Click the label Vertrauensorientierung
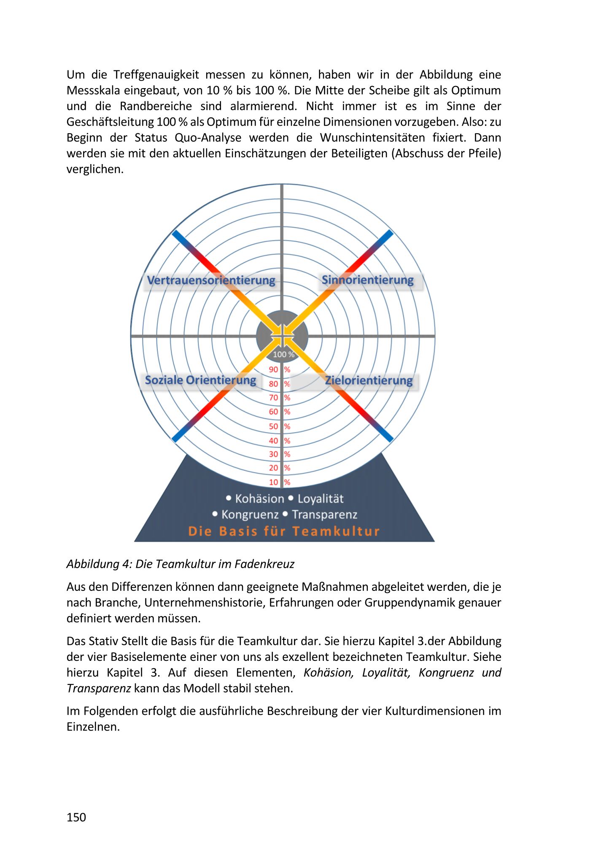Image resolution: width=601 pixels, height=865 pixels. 211,280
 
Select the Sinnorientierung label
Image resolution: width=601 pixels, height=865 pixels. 367,280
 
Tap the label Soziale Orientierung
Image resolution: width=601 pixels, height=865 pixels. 200,380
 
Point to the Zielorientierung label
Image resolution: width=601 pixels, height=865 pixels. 369,380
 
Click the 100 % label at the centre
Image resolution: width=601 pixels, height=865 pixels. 283,355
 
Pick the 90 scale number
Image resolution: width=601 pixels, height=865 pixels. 274,370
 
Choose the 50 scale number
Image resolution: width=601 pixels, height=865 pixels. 274,426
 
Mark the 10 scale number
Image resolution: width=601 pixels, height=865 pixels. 274,482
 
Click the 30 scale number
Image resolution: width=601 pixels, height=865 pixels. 274,454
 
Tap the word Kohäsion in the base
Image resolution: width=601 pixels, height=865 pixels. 259,499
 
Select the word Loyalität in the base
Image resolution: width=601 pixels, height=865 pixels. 321,499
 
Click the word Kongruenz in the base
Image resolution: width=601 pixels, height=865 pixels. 250,515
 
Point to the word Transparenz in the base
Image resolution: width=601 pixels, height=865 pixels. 325,515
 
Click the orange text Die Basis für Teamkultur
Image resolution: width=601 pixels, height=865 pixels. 284,531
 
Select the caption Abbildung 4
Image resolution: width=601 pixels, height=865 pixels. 180,564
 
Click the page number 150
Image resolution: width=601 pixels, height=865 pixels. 76,817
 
